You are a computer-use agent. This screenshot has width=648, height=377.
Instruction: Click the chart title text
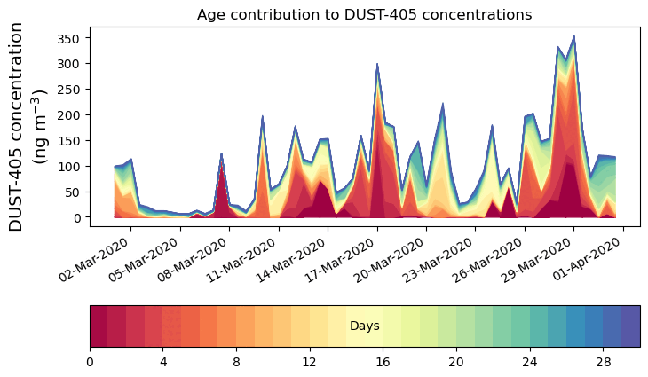tap(364, 14)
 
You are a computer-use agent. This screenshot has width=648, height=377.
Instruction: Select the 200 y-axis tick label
tap(69, 115)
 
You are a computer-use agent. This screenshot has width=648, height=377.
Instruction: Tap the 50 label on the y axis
tap(73, 192)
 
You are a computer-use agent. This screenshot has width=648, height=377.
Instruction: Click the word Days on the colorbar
tap(364, 326)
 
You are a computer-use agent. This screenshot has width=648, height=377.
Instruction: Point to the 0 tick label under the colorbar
tap(90, 362)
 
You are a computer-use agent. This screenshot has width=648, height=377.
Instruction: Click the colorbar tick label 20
tap(456, 362)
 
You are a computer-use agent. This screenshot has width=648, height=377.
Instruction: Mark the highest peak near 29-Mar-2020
tap(573, 37)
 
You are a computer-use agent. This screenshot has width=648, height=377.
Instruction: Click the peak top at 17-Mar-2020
tap(377, 65)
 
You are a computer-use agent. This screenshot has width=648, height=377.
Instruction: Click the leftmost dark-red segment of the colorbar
tap(99, 326)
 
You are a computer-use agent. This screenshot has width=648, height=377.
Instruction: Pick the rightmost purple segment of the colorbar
tap(630, 326)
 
